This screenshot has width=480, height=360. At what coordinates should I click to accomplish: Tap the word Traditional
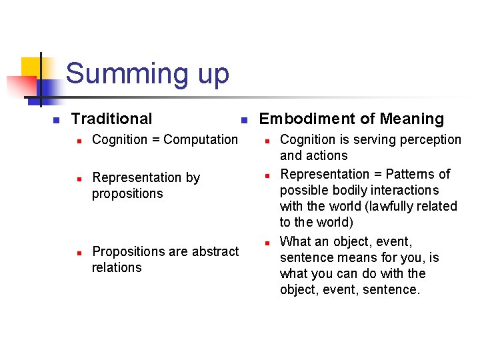click(111, 119)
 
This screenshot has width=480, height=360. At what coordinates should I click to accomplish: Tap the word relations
click(117, 267)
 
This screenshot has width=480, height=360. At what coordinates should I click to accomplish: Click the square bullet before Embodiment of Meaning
click(244, 120)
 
